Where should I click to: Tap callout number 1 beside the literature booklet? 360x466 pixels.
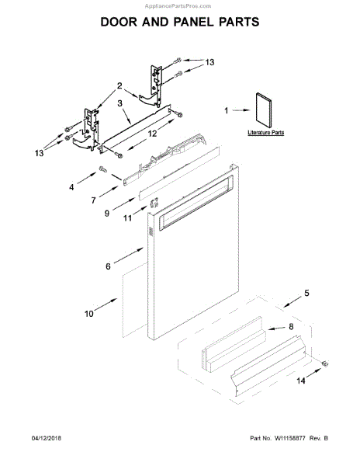pyautogui.click(x=227, y=111)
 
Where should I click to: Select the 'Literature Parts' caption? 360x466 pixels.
pyautogui.click(x=266, y=133)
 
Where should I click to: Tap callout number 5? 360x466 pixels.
pyautogui.click(x=306, y=293)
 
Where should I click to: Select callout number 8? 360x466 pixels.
pyautogui.click(x=292, y=328)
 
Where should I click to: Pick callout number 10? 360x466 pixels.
pyautogui.click(x=88, y=313)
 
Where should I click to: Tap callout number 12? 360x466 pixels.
pyautogui.click(x=152, y=134)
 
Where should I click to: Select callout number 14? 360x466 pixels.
pyautogui.click(x=299, y=381)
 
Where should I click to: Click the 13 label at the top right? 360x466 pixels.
pyautogui.click(x=209, y=61)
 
